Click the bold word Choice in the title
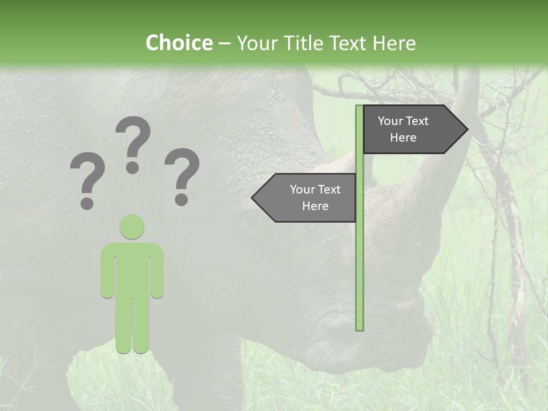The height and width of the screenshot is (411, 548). click(179, 43)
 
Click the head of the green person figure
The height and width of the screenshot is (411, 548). click(132, 227)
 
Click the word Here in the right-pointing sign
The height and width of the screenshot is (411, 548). click(403, 138)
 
